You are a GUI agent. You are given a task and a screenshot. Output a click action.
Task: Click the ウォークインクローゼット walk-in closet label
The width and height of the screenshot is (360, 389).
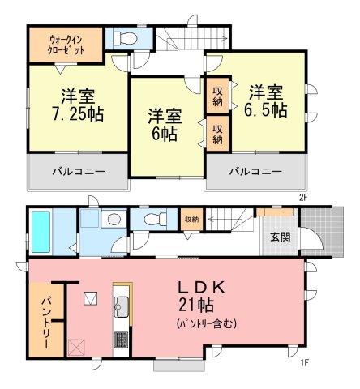tap(66, 45)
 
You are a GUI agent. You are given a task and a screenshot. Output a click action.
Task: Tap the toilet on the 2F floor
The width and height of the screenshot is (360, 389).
tap(123, 38)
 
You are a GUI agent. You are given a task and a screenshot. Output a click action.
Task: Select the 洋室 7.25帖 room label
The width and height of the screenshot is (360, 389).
tap(79, 105)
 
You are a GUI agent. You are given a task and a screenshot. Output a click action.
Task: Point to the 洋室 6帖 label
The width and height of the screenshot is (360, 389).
tap(165, 125)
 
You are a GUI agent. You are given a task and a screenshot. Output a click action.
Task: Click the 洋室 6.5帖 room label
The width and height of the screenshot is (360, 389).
tap(266, 101)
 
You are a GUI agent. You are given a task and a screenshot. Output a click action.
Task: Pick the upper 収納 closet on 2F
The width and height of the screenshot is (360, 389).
tap(217, 96)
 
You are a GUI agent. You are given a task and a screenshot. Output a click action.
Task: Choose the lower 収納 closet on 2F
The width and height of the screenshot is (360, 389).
tap(217, 134)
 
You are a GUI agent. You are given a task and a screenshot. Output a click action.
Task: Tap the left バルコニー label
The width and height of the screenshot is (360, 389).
tap(79, 171)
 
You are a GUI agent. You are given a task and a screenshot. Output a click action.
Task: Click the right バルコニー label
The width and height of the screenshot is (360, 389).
tap(255, 171)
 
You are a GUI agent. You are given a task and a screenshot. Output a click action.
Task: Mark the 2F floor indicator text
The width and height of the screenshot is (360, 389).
tap(303, 198)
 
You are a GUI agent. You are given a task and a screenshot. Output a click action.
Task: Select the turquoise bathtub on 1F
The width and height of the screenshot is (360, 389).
tap(41, 232)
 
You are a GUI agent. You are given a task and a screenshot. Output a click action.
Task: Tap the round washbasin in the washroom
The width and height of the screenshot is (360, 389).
tap(114, 219)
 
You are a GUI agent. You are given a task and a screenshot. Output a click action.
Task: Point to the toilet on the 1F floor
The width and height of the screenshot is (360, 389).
tap(155, 219)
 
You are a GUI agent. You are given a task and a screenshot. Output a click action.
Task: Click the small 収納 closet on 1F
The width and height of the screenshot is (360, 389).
tap(191, 220)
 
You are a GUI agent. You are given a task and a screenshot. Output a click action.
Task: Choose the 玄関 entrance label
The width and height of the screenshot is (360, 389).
tap(281, 237)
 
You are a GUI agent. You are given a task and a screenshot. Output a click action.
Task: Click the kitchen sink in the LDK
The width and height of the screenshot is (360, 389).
tap(122, 307)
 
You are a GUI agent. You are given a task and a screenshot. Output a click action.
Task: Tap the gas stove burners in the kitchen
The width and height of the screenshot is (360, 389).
tap(122, 340)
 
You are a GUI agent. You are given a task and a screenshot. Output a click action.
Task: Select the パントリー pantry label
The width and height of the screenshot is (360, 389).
tap(46, 323)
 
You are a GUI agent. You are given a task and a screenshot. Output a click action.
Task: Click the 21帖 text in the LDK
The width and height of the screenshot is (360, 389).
tap(196, 306)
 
